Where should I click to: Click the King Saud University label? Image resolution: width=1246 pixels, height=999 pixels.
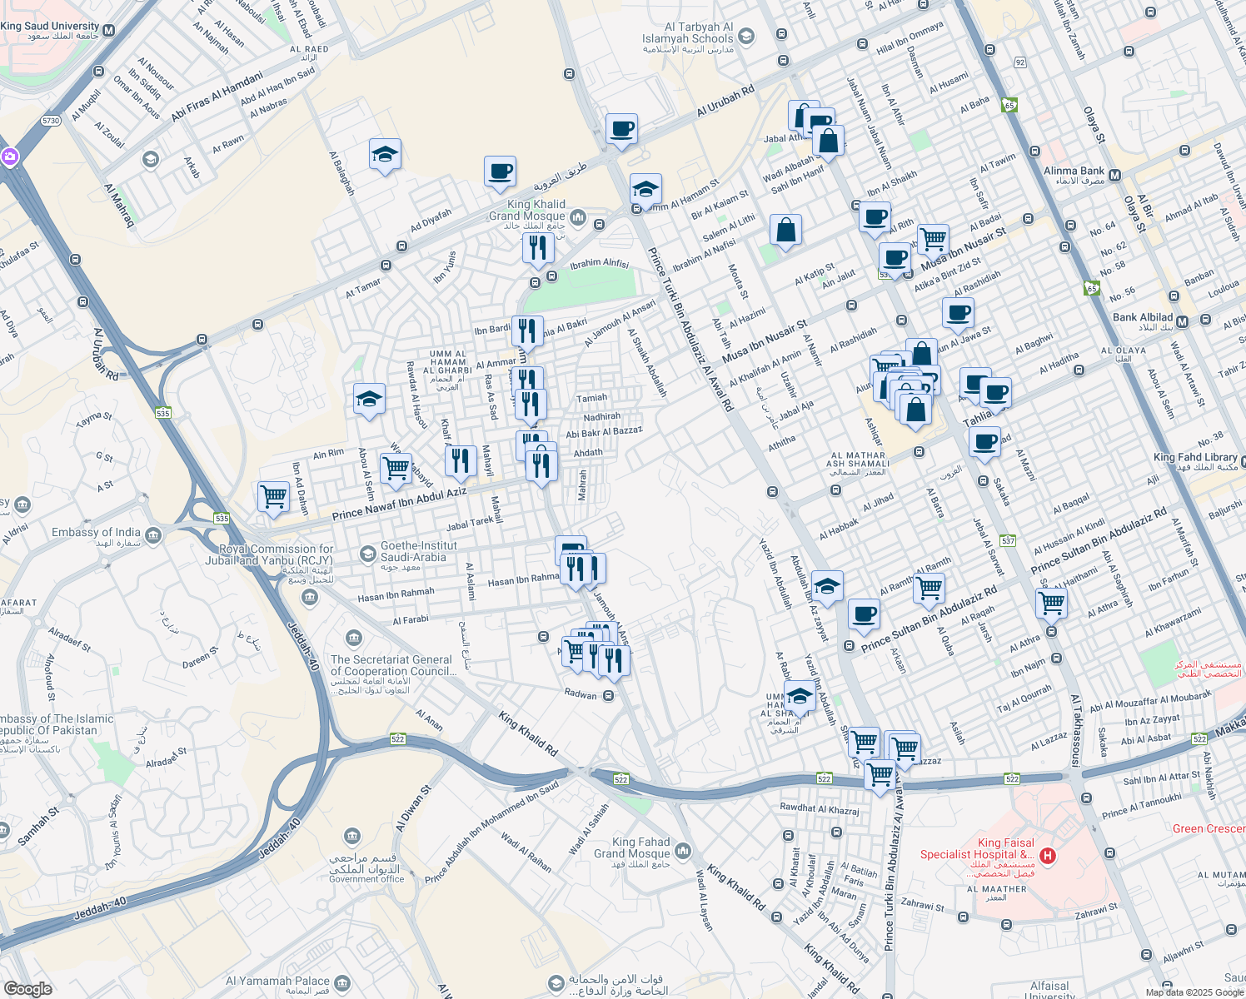[x=50, y=27]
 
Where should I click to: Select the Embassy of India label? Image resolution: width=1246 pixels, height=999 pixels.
[x=96, y=532]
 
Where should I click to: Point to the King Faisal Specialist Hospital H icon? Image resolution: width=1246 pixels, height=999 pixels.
[x=1048, y=855]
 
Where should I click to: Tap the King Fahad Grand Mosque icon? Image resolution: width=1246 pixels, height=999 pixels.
[x=683, y=850]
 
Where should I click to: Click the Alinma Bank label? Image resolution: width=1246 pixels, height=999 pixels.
[x=1074, y=171]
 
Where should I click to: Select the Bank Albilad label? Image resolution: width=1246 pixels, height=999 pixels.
[x=1142, y=317]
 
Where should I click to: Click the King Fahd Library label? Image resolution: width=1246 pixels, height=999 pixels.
[x=1194, y=457]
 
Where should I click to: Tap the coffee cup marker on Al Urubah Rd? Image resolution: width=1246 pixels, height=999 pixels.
[x=621, y=130]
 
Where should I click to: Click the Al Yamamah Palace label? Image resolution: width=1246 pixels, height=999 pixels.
[x=277, y=981]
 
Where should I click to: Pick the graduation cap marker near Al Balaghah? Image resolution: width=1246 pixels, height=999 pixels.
[x=385, y=155]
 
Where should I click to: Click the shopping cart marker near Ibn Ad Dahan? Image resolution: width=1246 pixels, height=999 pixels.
[x=273, y=497]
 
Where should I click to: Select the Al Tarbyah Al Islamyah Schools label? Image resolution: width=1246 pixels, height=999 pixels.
[x=687, y=32]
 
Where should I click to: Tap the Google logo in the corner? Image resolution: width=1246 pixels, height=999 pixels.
[x=28, y=988]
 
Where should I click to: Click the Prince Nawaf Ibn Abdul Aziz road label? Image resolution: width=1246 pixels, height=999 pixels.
[x=399, y=504]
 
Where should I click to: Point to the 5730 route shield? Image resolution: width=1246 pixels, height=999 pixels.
[x=51, y=121]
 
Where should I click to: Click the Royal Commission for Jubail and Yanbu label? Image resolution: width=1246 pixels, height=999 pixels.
[x=275, y=554]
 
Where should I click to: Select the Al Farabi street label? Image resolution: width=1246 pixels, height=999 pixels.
[x=411, y=620]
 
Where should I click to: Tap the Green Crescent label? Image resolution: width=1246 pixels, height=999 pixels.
[x=1209, y=828]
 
